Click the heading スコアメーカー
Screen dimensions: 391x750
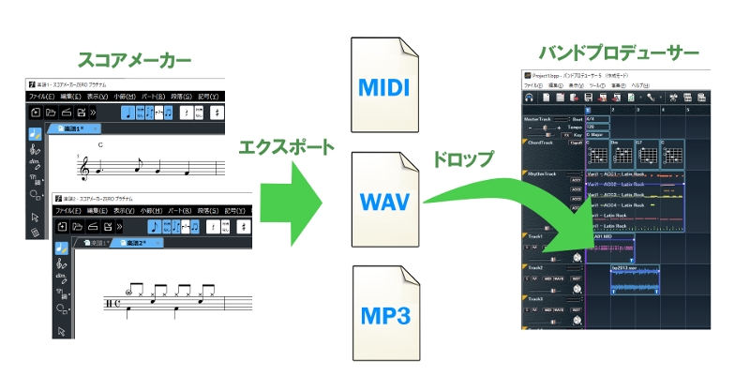coord(142,62)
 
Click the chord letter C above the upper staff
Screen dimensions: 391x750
coord(98,144)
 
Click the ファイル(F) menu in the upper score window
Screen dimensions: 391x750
coord(42,96)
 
